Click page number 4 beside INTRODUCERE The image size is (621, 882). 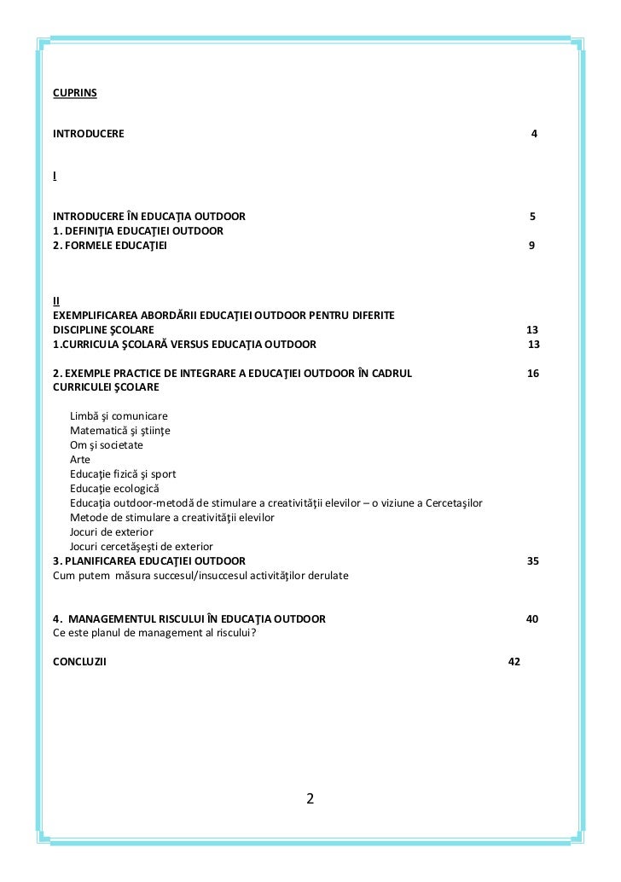pos(534,135)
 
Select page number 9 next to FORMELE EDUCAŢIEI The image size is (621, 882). pos(532,246)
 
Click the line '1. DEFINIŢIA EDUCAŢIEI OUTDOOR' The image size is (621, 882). pos(138,231)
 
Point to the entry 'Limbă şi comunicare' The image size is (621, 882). pos(119,415)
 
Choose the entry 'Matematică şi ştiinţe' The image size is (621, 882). pos(120,430)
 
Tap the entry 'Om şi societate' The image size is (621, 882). pos(107,444)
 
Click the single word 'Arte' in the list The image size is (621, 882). pos(80,459)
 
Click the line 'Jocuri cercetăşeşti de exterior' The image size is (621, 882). pos(142,546)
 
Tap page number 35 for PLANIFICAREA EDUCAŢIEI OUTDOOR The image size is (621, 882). pos(532,560)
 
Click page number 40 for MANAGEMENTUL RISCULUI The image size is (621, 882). pos(531,618)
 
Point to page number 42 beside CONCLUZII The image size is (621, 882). pos(514,662)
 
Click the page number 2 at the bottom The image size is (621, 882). pos(310,799)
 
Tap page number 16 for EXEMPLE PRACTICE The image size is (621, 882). pos(533,374)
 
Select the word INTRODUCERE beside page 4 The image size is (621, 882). pos(88,135)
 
